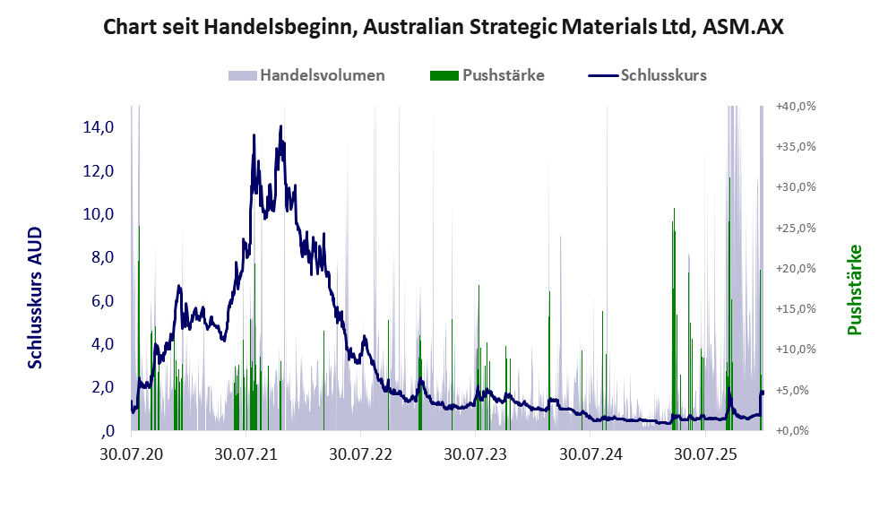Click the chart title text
444,28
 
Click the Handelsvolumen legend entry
321,75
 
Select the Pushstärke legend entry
503,75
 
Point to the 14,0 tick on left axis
98,127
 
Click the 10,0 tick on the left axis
98,214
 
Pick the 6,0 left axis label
98,301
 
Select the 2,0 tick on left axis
98,387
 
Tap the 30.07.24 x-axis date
590,454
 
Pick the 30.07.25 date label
704,454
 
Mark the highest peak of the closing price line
280,126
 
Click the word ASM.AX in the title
743,28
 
